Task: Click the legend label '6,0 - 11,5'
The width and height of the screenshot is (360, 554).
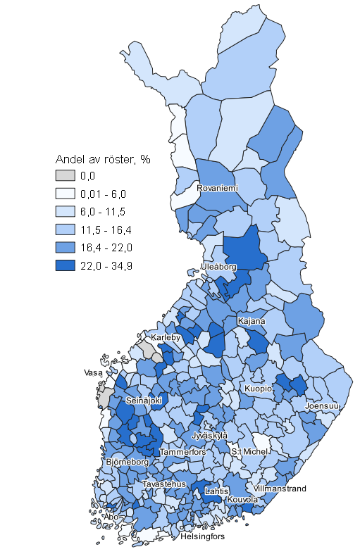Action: (x=104, y=211)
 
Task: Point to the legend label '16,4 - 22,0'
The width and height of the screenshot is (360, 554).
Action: (x=106, y=247)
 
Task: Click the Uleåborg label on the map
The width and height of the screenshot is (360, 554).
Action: (x=218, y=267)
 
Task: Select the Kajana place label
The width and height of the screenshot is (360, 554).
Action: (x=252, y=321)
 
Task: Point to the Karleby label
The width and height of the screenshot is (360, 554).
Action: (x=166, y=337)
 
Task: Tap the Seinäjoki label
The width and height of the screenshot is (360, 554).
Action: (x=144, y=400)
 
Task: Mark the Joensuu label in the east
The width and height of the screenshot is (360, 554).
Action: (x=323, y=406)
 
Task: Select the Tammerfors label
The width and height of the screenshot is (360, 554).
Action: (x=182, y=451)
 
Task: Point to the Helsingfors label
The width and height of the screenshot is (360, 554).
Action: (x=202, y=536)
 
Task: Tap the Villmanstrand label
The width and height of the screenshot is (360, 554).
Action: (x=280, y=488)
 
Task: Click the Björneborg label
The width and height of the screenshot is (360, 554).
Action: (x=127, y=462)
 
